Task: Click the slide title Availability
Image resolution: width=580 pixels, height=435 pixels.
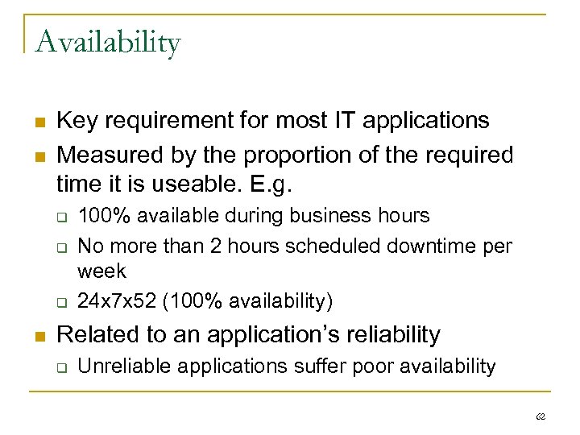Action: (x=107, y=42)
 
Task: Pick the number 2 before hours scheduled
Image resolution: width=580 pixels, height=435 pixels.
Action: (x=200, y=245)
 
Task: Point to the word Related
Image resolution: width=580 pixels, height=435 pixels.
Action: (x=96, y=333)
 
